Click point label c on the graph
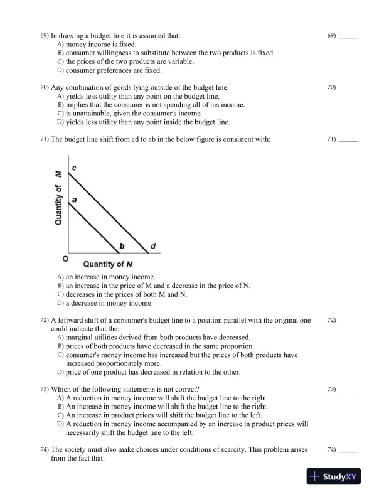point(73,169)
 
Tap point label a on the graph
point(73,198)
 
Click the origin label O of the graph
point(65,258)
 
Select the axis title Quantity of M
point(58,197)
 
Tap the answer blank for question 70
point(348,87)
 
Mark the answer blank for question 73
point(348,390)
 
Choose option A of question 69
point(92,45)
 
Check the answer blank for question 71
point(348,139)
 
